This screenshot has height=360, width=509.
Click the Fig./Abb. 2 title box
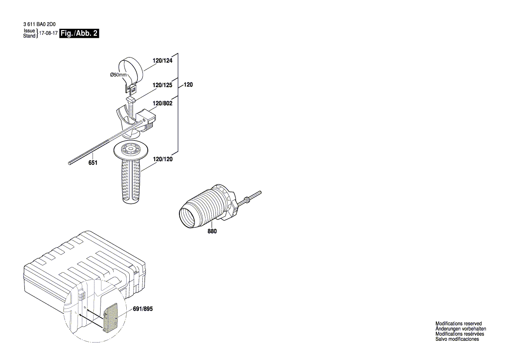(79, 34)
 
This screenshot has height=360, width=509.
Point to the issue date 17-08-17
(48, 34)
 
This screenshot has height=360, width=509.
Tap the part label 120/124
(162, 61)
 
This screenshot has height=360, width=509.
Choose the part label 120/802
(162, 103)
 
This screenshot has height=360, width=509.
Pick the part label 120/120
(162, 160)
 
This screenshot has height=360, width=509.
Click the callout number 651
(93, 163)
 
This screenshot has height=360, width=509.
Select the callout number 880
(212, 231)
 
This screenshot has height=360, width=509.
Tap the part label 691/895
(143, 309)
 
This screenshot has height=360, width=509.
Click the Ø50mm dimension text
(118, 75)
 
